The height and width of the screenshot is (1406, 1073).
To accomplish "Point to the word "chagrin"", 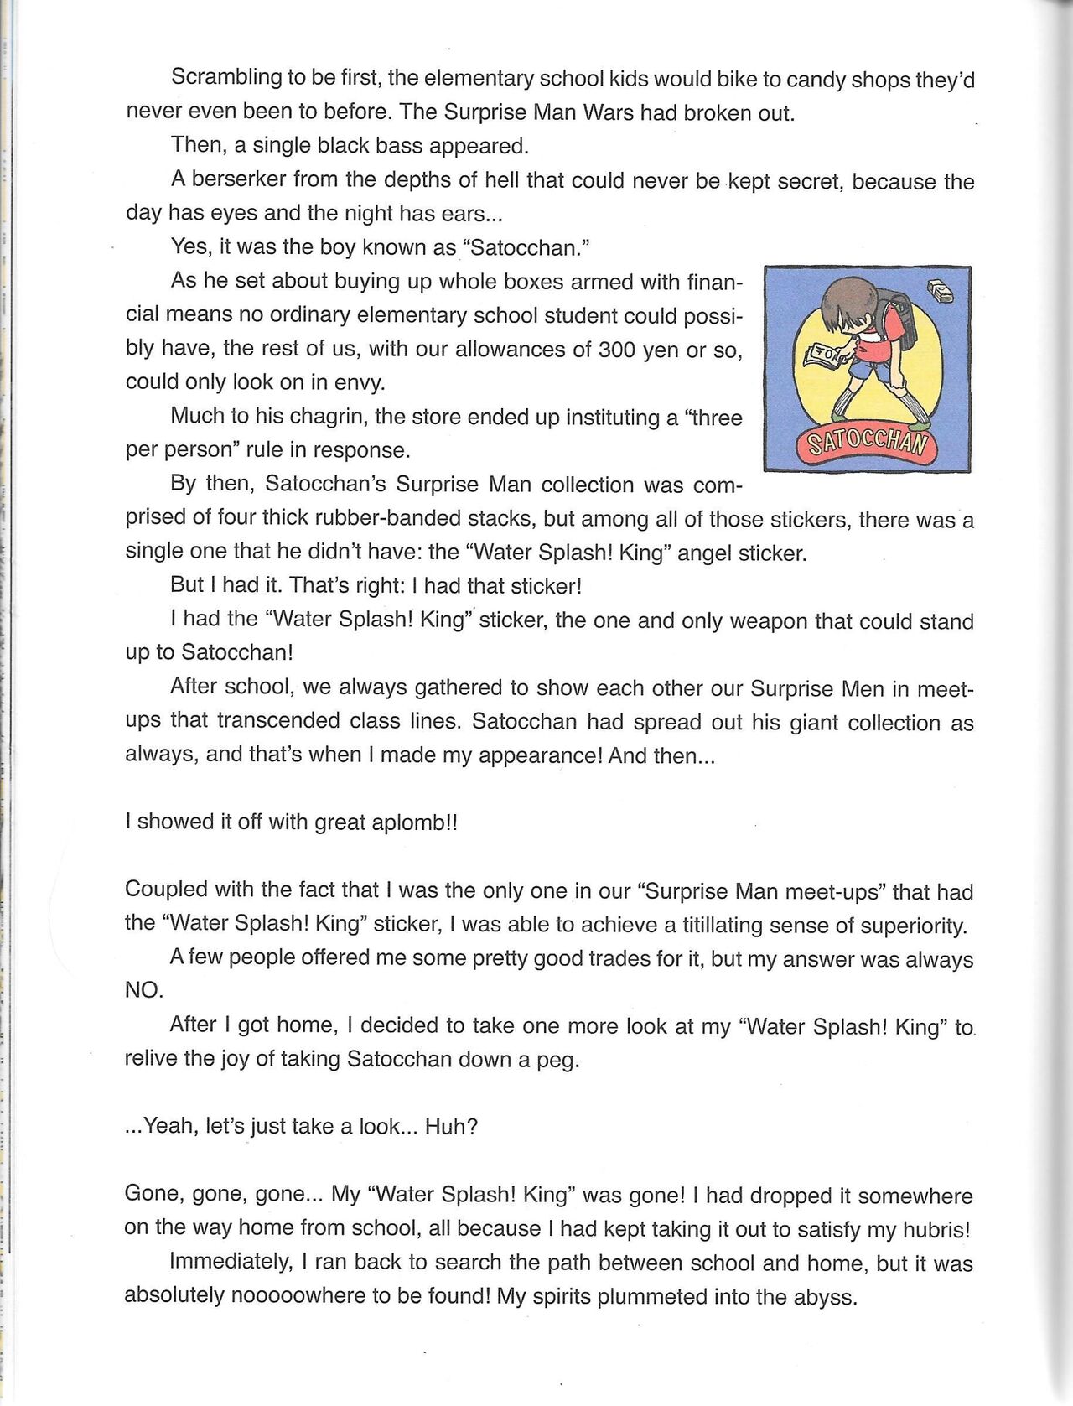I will (331, 417).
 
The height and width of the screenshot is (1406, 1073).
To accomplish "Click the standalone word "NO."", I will (144, 990).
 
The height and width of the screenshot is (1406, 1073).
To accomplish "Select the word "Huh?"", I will (451, 1126).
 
